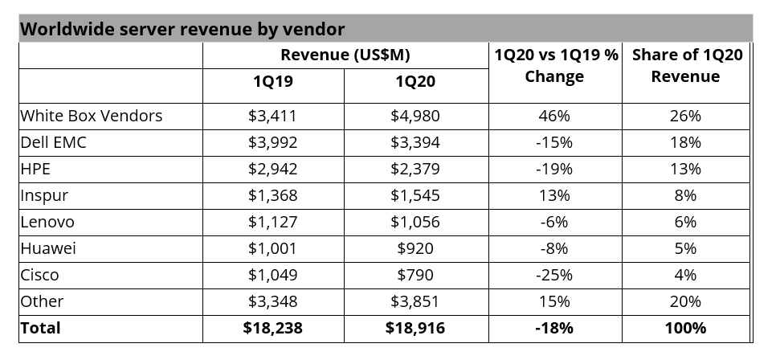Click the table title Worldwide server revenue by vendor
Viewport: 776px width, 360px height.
click(x=182, y=29)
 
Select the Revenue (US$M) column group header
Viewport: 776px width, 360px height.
click(x=345, y=55)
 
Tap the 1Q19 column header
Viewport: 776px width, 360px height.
click(x=272, y=81)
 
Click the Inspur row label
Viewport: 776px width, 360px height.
click(x=44, y=195)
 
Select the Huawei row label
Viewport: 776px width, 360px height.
click(x=47, y=248)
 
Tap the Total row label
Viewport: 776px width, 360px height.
click(x=40, y=328)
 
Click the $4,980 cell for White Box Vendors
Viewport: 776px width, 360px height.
click(x=415, y=116)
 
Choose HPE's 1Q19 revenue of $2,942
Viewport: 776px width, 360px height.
click(x=272, y=169)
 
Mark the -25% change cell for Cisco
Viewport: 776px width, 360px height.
click(x=554, y=275)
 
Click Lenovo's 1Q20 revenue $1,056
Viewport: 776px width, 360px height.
click(x=415, y=222)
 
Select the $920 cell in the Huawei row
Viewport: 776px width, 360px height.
click(x=415, y=248)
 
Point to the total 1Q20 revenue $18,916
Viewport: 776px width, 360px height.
click(x=415, y=328)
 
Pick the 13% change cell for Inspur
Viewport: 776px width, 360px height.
click(x=554, y=195)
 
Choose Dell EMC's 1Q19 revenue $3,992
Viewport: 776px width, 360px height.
click(x=272, y=142)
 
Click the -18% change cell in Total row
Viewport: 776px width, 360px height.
click(x=554, y=328)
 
